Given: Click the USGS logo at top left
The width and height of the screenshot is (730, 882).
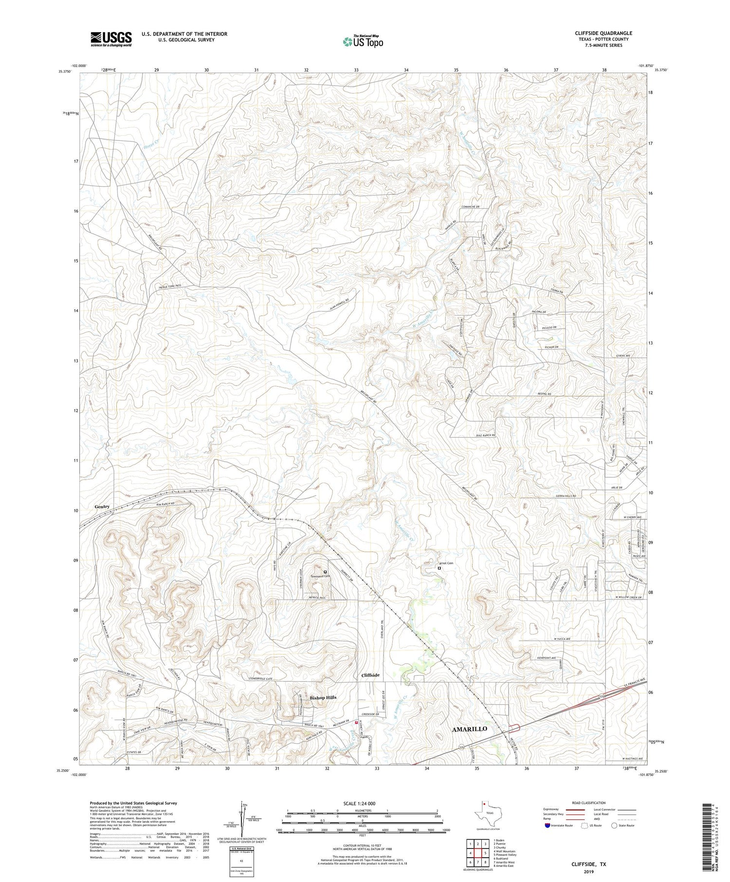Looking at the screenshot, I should [111, 39].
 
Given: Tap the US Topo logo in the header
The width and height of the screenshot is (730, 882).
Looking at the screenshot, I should [363, 41].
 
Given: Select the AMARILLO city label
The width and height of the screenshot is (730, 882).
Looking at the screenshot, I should [469, 729].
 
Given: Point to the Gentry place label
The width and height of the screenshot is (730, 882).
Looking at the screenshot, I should [102, 506].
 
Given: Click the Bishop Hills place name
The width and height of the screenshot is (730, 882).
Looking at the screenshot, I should [323, 697].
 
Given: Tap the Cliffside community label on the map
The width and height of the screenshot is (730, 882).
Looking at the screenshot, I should [370, 675].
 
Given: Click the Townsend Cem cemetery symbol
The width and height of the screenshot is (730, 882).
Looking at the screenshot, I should [325, 572].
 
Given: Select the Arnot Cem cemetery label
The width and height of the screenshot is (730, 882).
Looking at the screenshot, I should [446, 563].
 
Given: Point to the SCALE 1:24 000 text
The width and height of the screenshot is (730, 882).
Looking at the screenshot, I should [359, 803].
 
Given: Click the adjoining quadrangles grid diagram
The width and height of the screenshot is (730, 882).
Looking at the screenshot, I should [477, 852].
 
